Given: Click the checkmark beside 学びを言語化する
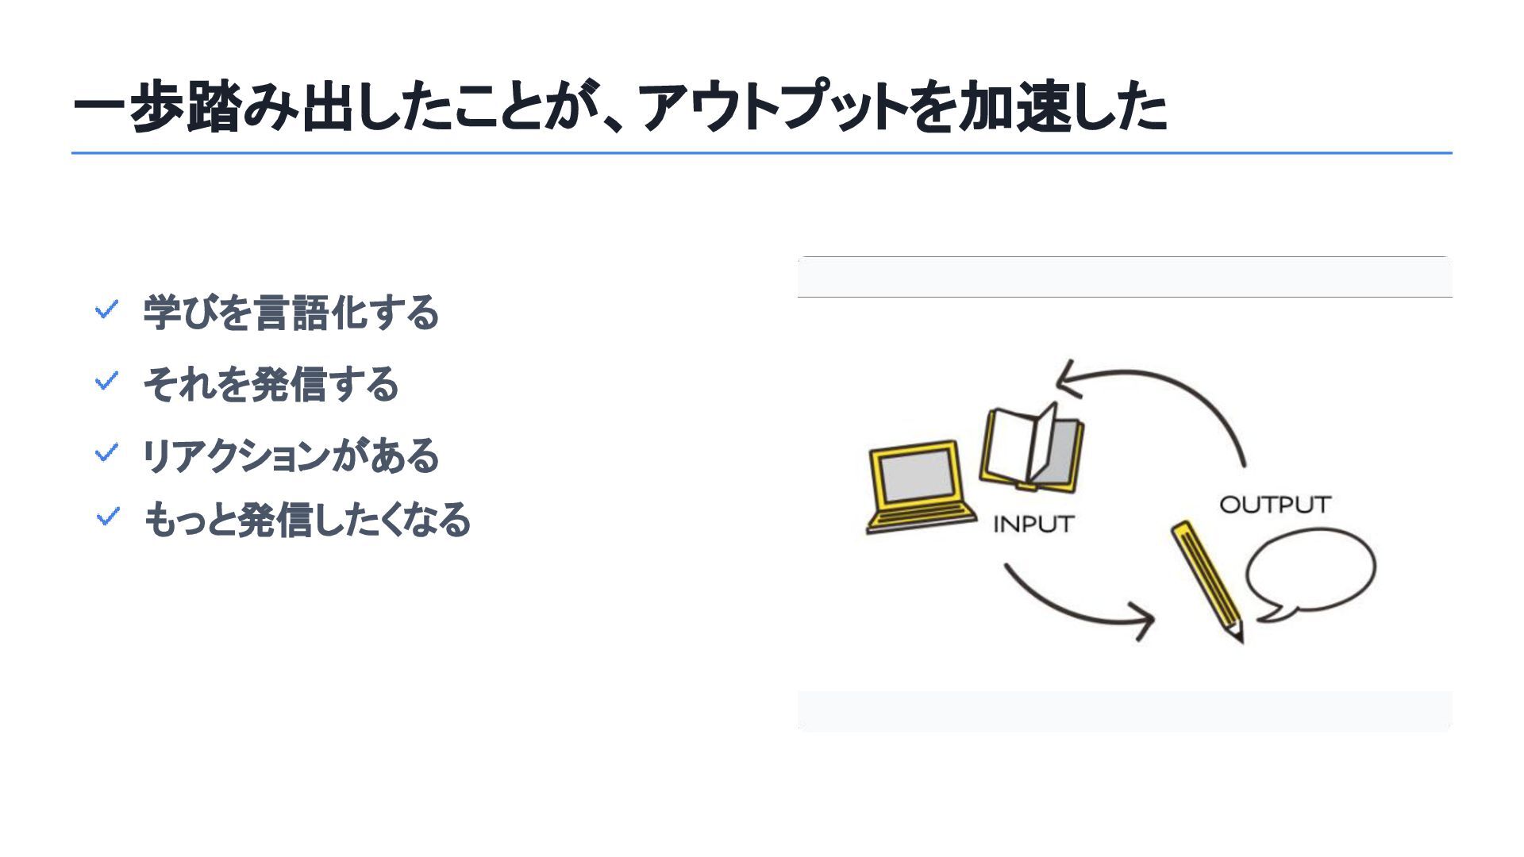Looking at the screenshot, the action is pyautogui.click(x=106, y=309).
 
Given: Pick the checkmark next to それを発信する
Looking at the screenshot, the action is pyautogui.click(x=106, y=382).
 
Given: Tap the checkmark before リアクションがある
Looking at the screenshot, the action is pyautogui.click(x=106, y=453).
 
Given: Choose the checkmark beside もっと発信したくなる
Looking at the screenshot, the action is pyautogui.click(x=106, y=517).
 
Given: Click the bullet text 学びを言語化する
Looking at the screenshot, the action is pyautogui.click(x=291, y=312).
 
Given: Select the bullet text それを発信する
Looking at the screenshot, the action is pyautogui.click(x=271, y=384).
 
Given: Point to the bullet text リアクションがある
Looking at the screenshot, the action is pyautogui.click(x=291, y=455).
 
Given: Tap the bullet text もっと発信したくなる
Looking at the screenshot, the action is pyautogui.click(x=307, y=520).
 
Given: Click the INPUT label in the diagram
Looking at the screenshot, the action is pyautogui.click(x=1033, y=525).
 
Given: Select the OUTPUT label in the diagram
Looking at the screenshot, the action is pyautogui.click(x=1274, y=505).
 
